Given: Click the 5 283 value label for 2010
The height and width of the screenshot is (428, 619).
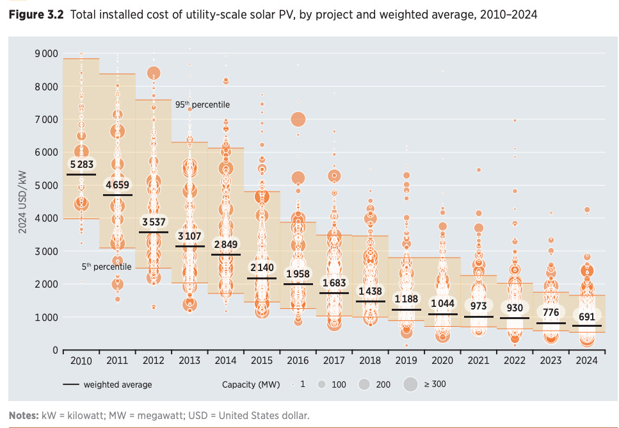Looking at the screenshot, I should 81,165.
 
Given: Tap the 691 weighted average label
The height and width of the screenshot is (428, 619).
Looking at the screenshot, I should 587,317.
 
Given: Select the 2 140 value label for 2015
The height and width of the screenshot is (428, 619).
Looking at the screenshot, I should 261,267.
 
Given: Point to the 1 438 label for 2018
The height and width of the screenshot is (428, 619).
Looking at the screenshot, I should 370,291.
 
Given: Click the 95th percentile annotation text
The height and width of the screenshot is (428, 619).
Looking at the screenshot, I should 202,104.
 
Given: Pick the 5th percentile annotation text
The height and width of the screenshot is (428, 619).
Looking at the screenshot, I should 106,266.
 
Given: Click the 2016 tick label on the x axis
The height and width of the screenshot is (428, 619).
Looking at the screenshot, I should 298,361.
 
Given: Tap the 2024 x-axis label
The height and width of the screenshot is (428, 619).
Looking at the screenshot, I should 587,361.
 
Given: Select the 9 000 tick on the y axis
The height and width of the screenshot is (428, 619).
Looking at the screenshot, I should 46,53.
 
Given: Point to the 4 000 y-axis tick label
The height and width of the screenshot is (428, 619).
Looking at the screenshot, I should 46,218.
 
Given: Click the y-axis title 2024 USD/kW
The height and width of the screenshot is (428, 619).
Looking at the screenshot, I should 21,201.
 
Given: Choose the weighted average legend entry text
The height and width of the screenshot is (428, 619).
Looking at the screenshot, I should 118,384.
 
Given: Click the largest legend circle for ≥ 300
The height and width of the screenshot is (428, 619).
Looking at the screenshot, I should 410,384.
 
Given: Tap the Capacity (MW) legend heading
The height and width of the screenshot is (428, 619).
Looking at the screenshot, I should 250,384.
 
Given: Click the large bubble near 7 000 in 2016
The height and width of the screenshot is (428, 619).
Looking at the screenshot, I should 298,119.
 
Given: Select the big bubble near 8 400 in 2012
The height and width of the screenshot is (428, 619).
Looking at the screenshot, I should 154,74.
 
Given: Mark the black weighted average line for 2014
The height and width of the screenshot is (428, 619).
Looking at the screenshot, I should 225,254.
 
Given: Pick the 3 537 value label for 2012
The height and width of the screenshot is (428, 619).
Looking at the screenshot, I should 154,222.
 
